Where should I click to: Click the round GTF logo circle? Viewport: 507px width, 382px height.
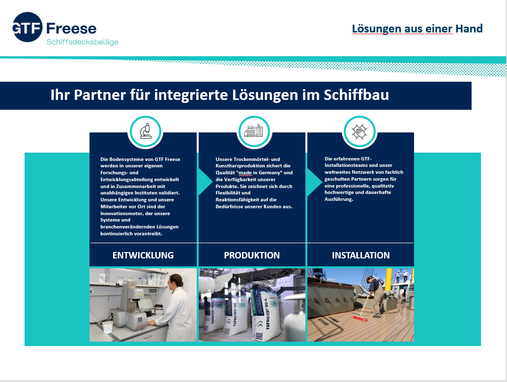click(28, 27)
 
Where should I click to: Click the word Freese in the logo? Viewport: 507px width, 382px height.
click(71, 29)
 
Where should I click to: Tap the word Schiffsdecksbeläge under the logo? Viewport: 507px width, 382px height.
click(83, 42)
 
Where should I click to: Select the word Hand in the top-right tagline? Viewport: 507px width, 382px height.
click(469, 29)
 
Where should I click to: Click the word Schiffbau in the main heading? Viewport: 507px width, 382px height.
click(357, 95)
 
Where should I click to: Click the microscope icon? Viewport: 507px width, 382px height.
click(146, 131)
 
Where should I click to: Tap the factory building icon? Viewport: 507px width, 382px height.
click(254, 131)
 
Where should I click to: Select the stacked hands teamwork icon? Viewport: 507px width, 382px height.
click(359, 132)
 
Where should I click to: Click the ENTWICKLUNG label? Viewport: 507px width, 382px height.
click(143, 255)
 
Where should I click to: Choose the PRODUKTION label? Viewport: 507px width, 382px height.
click(252, 255)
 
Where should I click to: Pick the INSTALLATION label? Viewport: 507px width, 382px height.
click(361, 255)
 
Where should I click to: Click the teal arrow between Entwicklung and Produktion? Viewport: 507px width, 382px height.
click(205, 182)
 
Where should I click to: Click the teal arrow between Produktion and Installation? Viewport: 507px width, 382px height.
click(314, 182)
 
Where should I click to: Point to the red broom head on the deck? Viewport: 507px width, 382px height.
click(359, 318)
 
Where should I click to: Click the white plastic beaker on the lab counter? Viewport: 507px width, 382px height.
click(107, 327)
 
